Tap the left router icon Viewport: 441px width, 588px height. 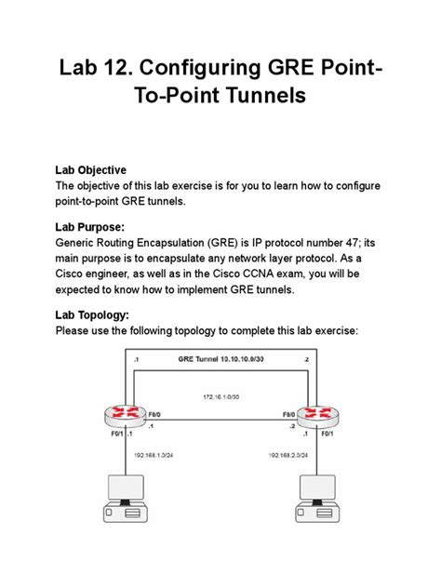[x=126, y=412]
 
